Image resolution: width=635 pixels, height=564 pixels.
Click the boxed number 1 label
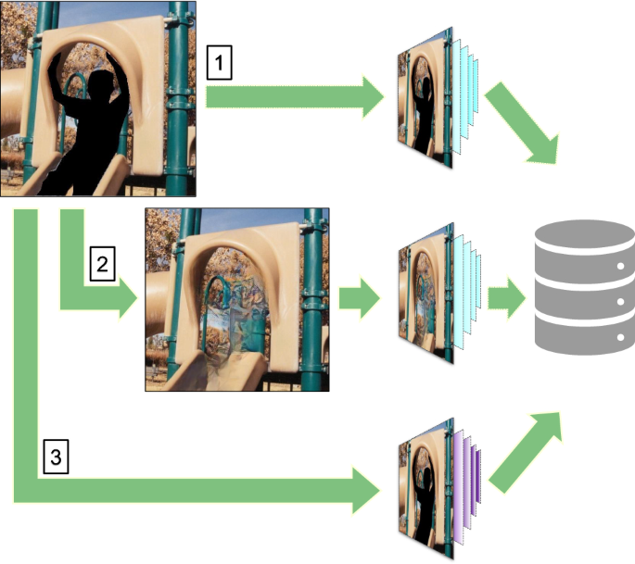click(x=219, y=64)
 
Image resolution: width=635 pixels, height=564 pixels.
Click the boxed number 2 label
click(x=102, y=265)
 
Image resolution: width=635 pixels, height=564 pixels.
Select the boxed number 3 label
click(x=56, y=456)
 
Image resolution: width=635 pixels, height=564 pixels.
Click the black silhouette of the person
click(x=88, y=130)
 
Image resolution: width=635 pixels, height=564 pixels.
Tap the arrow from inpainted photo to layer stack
click(x=361, y=298)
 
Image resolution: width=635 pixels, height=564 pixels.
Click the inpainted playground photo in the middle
click(x=237, y=299)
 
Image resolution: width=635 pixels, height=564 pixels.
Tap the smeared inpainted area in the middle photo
click(x=232, y=315)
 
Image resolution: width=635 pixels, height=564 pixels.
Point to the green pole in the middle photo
click(x=316, y=306)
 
